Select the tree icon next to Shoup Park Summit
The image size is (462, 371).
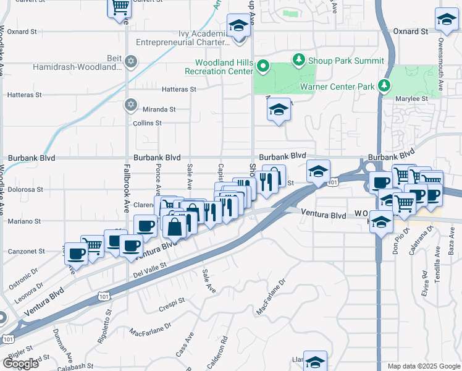click(299, 60)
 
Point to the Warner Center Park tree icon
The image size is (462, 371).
click(385, 86)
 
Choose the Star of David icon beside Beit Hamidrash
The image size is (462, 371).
click(130, 61)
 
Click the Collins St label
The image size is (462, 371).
click(148, 123)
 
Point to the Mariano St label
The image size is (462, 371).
click(23, 221)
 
